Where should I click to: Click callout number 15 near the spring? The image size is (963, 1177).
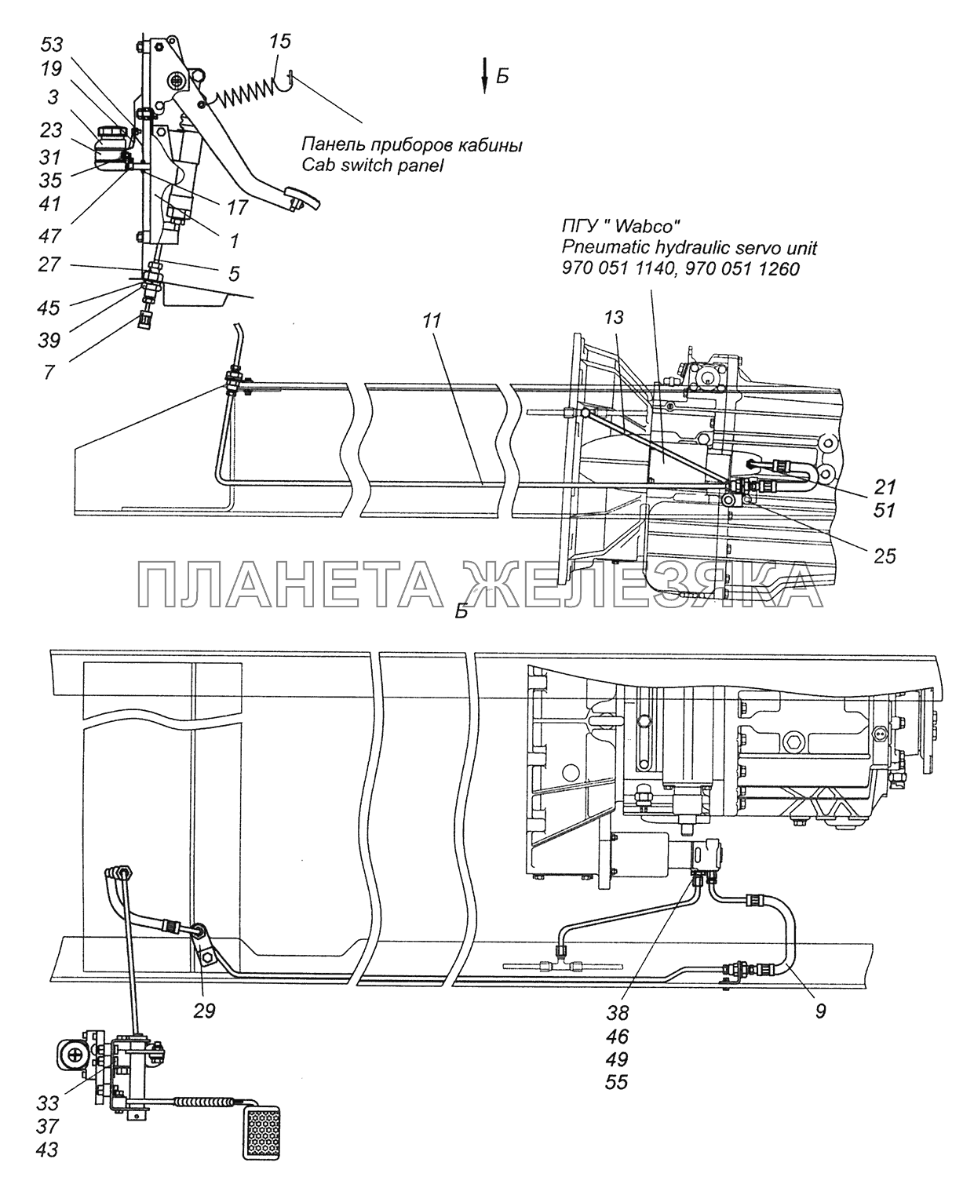[279, 42]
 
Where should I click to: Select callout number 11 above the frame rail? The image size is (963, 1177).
[431, 321]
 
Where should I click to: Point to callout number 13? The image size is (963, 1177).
[614, 317]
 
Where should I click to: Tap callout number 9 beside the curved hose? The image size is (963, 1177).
[819, 1011]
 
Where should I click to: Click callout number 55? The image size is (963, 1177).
[618, 1083]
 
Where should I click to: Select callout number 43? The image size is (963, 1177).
[47, 1150]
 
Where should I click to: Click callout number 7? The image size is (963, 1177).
[49, 372]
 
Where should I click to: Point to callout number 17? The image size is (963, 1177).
[237, 207]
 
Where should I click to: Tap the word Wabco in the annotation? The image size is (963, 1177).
[644, 227]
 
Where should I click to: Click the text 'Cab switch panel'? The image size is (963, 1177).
[372, 166]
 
